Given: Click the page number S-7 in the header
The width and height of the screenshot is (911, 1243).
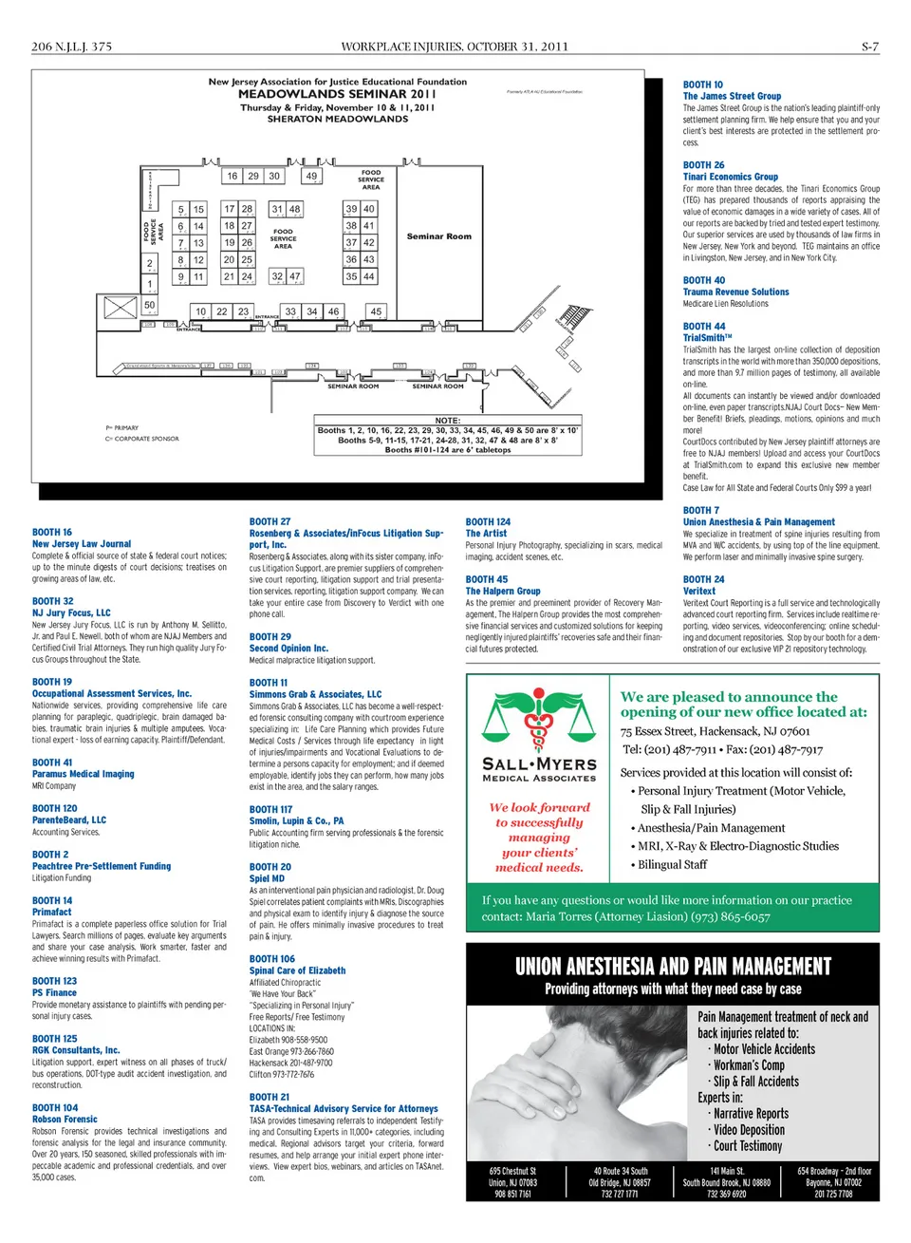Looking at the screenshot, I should point(869,47).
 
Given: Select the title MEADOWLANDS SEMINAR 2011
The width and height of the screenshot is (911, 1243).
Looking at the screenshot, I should point(337,94).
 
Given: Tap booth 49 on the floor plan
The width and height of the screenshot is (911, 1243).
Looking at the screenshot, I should point(311,176).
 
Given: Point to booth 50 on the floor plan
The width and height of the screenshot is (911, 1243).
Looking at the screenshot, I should point(149,305).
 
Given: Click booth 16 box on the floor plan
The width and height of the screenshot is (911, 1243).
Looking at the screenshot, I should point(232,176).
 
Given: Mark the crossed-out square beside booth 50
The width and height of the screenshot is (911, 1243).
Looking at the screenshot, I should point(120,307).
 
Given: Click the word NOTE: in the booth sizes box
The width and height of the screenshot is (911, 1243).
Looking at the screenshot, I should point(447,421).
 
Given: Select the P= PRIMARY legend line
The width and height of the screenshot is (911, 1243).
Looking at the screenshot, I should point(122,428).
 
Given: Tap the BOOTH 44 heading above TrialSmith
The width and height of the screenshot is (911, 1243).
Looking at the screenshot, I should point(703,326).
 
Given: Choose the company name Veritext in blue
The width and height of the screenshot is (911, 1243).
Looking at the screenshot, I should point(698,591).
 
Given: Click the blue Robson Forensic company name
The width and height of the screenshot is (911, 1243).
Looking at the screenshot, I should point(65,1120).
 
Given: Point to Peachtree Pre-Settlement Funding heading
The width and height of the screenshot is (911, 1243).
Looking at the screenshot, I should point(102,866).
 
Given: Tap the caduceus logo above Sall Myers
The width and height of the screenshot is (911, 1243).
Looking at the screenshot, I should point(538,721).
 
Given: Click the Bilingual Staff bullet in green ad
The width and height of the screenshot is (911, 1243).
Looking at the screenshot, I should point(672,864).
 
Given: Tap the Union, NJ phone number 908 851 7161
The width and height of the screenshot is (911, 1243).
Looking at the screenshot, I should point(512,1194).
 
